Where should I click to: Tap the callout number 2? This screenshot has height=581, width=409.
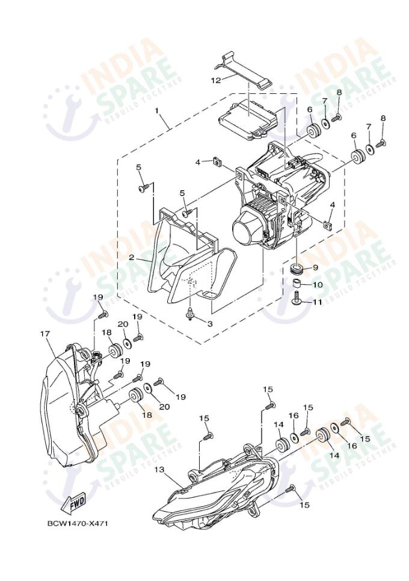point(131,258)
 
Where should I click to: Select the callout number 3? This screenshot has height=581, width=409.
point(210,323)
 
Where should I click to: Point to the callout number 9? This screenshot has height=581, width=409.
point(315,268)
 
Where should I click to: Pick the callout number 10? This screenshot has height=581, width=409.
point(317,284)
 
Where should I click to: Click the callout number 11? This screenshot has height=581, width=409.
point(317,302)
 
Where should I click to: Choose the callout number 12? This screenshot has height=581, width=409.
point(215,79)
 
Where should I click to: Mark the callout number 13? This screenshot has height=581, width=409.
point(159,469)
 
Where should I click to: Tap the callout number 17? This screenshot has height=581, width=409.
point(44,333)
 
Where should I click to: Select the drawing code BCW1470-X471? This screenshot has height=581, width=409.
point(78,523)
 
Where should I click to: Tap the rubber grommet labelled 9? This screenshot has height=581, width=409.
point(296,267)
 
